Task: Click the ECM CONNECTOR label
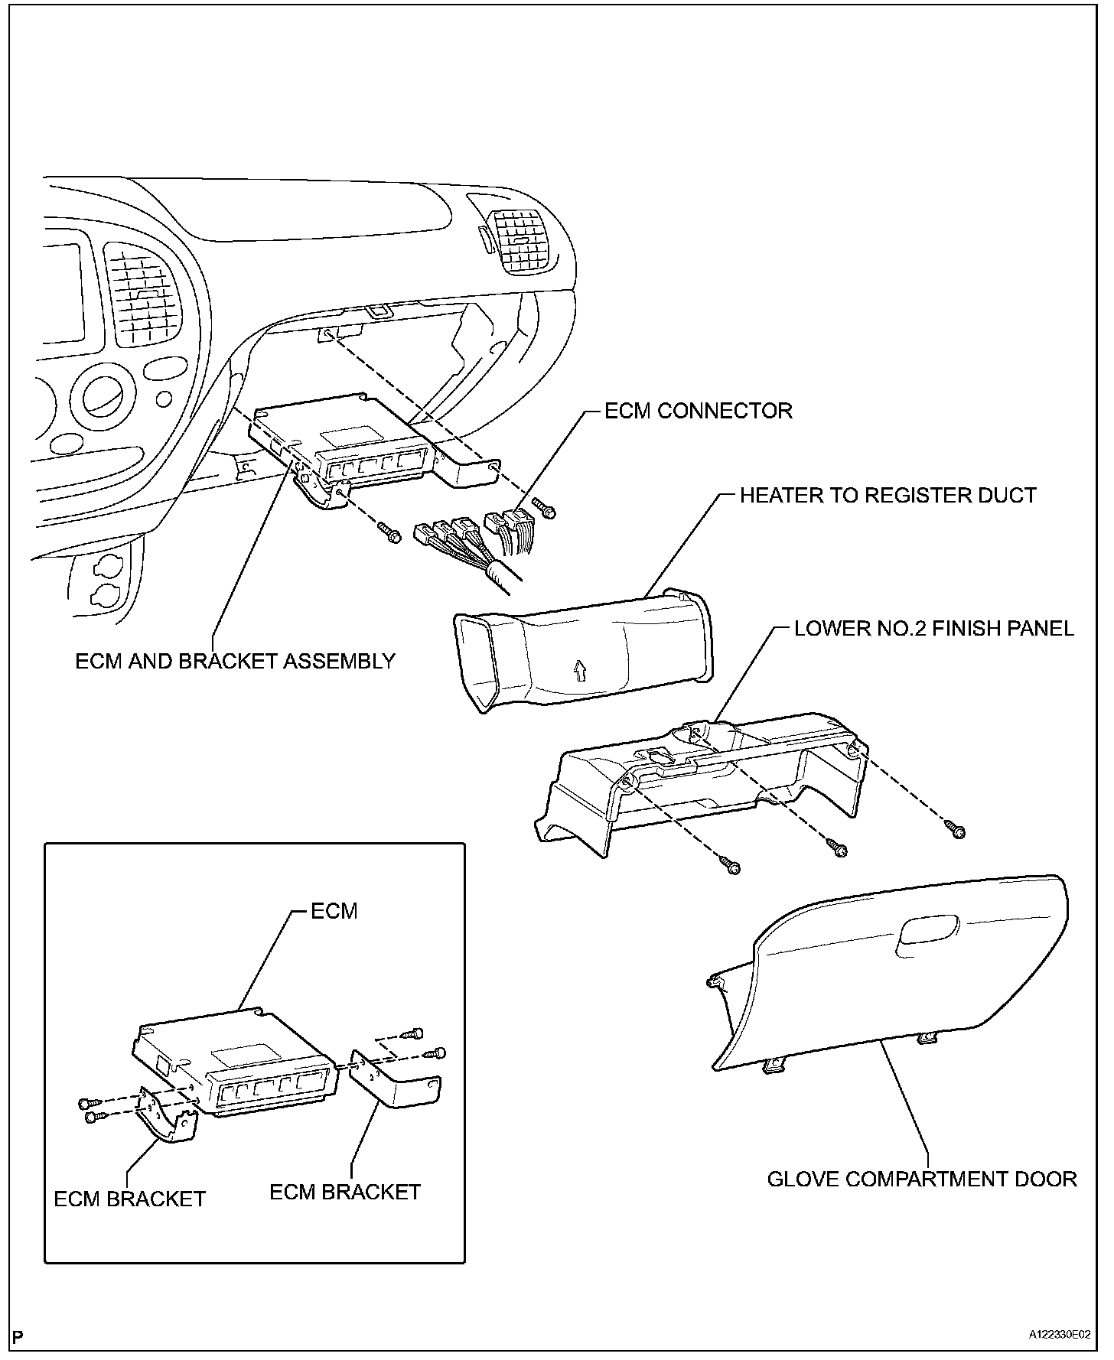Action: [x=698, y=411]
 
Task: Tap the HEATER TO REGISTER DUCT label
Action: [x=888, y=495]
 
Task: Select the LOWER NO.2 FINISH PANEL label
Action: [x=933, y=629]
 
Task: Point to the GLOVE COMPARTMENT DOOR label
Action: [x=922, y=1179]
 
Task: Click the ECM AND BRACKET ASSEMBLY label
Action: [x=235, y=661]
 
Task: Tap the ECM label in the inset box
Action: [x=334, y=911]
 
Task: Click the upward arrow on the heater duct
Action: [x=579, y=671]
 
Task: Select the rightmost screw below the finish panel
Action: [x=956, y=829]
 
